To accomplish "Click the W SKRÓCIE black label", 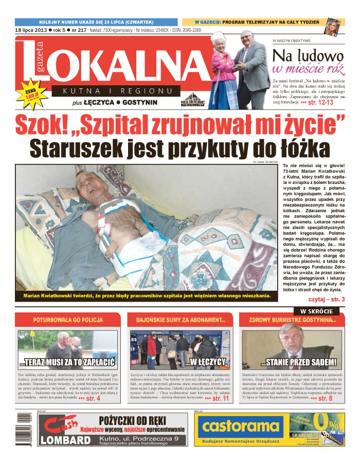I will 316,311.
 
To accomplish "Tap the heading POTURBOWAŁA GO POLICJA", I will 67,320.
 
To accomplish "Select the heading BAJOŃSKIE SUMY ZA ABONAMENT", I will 181,320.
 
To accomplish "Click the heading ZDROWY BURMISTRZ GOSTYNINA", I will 292,320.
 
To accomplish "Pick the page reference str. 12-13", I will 320,103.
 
